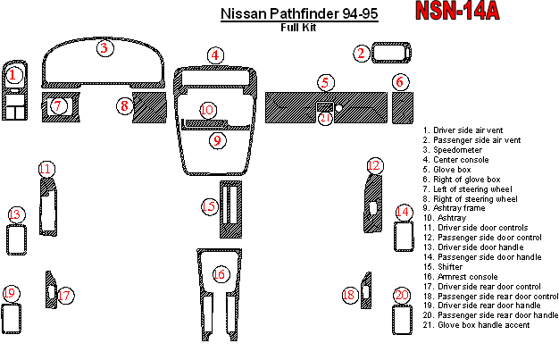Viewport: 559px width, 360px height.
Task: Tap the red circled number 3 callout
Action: (105, 48)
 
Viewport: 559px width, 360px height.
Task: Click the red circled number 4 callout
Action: (214, 55)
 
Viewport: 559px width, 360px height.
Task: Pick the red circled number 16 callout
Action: (220, 274)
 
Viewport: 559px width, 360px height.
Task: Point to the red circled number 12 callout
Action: (374, 165)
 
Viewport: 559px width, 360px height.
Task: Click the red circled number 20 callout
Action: (402, 295)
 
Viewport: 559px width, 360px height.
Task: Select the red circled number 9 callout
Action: (217, 140)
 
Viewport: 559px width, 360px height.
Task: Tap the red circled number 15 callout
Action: (208, 207)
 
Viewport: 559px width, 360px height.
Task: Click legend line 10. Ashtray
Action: (452, 217)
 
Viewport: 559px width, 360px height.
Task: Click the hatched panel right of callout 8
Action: (150, 106)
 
